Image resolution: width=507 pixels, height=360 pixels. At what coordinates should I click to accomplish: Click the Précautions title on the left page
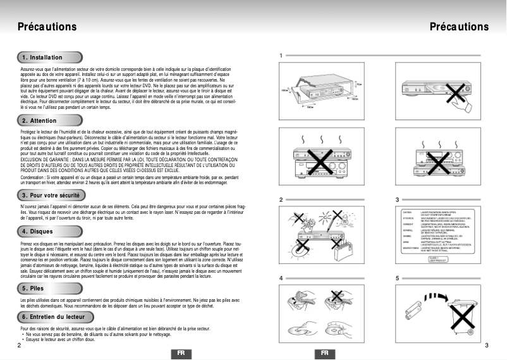tap(47, 27)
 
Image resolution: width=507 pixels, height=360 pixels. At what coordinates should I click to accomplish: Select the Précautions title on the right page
tap(459, 27)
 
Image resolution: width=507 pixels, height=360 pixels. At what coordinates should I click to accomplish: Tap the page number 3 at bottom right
tap(486, 345)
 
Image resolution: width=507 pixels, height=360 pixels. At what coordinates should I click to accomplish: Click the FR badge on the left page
tap(181, 352)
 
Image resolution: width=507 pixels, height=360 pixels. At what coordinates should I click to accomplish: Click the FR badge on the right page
tap(325, 352)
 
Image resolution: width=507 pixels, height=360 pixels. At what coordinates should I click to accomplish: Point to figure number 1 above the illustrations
tap(281, 56)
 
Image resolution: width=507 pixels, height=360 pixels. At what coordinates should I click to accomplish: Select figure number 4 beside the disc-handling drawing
tap(281, 278)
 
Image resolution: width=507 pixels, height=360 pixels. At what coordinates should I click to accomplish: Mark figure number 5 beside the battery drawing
tap(397, 278)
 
